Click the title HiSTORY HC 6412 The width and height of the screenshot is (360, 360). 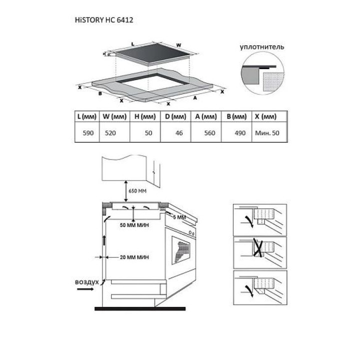coord(104,20)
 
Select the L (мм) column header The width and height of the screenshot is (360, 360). coord(87,116)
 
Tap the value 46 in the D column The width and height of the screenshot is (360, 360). coord(179,133)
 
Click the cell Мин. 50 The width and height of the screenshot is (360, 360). coord(267,133)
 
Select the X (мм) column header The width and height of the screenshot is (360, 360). coord(265,116)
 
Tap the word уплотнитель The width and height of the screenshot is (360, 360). coord(261,47)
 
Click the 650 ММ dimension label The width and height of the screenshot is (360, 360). coord(137,191)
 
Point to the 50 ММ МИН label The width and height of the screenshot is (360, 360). coord(134,225)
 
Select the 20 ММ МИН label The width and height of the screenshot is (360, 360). coord(134,257)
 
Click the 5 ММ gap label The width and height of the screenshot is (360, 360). coord(179,217)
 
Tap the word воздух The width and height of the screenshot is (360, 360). coord(87,282)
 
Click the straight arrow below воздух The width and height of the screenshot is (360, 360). coord(85,289)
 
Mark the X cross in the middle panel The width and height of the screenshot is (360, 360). coord(257,247)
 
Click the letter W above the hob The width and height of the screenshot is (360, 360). coord(178,45)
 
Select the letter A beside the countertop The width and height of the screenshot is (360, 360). coord(195,98)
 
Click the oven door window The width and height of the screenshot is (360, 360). coord(180,250)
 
